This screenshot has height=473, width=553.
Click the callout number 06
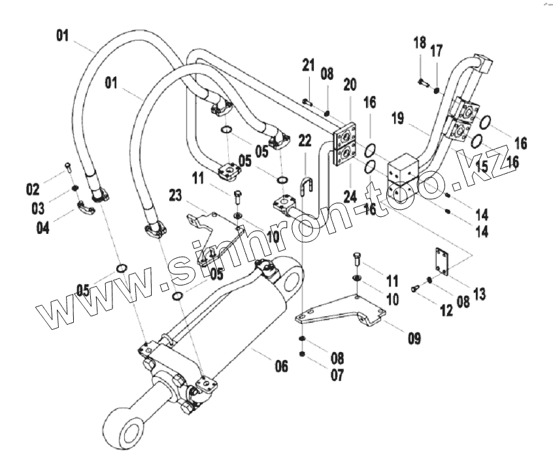point(280,367)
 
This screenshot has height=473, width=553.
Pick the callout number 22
point(305,140)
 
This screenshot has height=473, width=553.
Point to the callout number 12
point(446,311)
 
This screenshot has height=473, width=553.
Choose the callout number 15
point(482,167)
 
